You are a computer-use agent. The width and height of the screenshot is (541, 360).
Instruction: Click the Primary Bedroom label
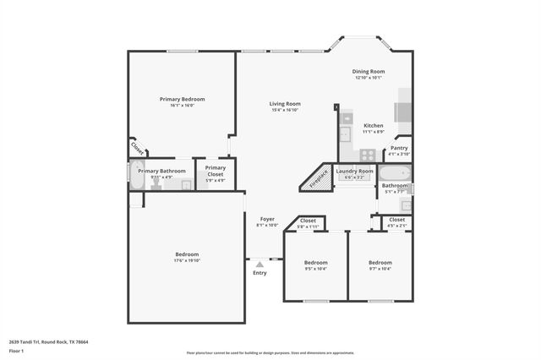182,99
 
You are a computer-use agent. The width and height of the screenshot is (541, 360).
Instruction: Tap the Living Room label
286,104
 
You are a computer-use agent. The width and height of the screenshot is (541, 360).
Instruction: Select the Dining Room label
369,72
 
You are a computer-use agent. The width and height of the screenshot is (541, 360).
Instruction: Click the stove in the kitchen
368,155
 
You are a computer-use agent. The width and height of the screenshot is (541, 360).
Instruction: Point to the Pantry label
398,148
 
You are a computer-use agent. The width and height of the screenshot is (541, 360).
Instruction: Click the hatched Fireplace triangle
316,178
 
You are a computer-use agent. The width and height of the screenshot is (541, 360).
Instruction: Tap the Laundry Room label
354,171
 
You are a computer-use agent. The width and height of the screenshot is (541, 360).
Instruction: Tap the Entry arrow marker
260,265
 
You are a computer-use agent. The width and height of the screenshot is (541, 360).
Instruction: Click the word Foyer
267,219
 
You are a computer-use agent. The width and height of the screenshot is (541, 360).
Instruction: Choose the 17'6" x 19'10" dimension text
187,260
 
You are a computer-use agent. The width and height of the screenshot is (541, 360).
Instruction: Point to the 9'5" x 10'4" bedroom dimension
315,269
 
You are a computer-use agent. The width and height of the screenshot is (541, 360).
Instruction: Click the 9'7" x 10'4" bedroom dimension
380,269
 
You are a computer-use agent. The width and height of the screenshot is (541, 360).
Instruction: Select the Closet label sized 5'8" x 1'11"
308,221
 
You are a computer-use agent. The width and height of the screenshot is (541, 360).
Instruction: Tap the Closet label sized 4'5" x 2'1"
396,220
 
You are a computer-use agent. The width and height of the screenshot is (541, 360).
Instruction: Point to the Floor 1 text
16,351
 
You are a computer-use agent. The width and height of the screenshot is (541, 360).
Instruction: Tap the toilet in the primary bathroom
156,183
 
